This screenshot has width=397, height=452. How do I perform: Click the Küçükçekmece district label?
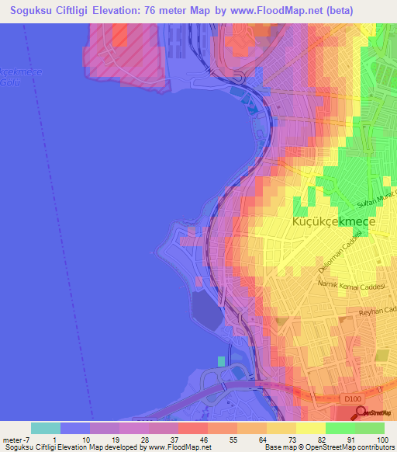pos(333,222)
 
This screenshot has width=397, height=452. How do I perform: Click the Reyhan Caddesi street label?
pos(377,312)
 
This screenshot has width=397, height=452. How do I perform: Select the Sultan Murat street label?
pos(375,199)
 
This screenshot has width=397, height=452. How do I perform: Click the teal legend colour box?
pos(46,428)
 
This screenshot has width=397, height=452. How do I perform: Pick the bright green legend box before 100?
pos(369,428)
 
